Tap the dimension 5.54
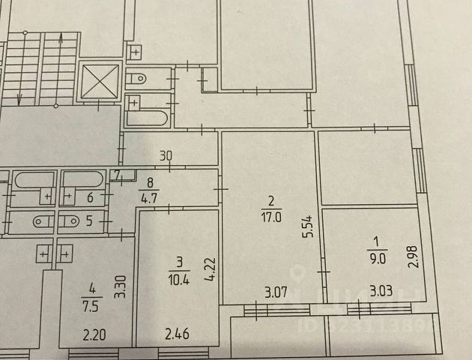(306, 223)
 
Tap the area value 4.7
(149, 200)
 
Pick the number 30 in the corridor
(166, 156)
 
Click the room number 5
(90, 221)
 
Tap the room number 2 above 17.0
(271, 200)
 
